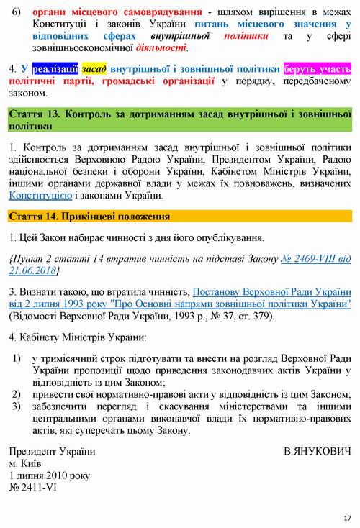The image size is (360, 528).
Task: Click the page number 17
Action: (347, 518)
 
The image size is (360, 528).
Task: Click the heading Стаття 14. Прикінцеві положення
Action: (89, 216)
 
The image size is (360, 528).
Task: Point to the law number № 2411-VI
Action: (33, 488)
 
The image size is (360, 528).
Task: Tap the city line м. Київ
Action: (27, 463)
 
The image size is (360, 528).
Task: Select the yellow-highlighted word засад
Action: (93, 69)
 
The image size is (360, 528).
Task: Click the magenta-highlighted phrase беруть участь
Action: (317, 69)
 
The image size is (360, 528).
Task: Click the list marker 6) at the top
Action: (18, 12)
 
